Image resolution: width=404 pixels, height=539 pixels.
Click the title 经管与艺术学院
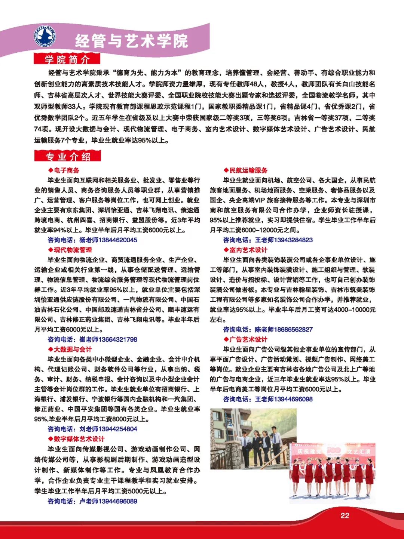tap(131, 41)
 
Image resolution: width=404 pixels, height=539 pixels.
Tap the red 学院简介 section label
tap(67, 59)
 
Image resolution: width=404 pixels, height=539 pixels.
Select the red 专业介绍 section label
tap(68, 156)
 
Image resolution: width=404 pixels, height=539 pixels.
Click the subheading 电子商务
tap(66, 170)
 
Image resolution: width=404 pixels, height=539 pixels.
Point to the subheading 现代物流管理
tap(73, 250)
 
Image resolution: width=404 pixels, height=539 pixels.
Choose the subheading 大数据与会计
tap(73, 349)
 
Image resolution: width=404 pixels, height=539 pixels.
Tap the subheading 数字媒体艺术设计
tap(79, 439)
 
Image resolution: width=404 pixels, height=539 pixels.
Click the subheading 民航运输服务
tap(248, 170)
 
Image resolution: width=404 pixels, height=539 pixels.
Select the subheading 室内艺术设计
tap(248, 250)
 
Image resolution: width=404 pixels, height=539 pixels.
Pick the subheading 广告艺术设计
tap(248, 339)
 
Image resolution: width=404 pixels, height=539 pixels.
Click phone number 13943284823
tap(293, 240)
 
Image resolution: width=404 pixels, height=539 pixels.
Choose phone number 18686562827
tap(293, 330)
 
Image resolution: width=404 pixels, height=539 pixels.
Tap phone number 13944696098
tap(293, 399)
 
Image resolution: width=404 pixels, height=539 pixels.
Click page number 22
tap(345, 516)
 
